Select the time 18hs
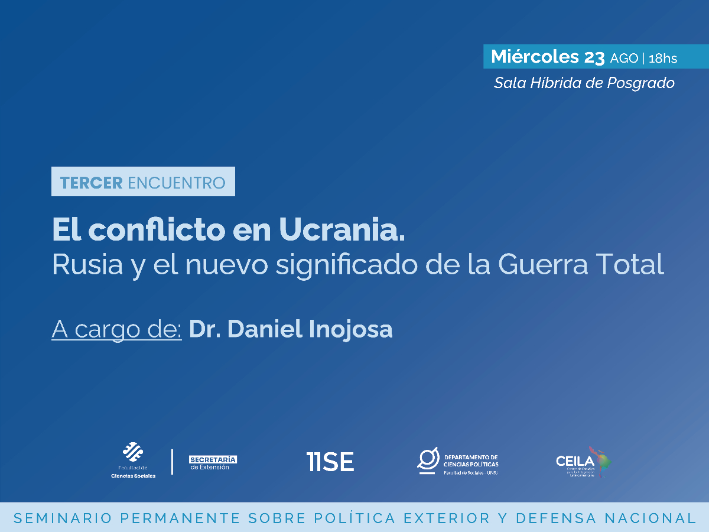(x=662, y=58)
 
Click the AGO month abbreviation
(x=624, y=58)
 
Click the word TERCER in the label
(x=91, y=183)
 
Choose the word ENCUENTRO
(x=177, y=183)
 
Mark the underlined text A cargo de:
(x=116, y=329)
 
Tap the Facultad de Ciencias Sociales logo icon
(x=132, y=453)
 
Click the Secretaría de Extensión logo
(x=213, y=462)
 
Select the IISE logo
(x=330, y=461)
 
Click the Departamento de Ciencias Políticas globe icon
(x=428, y=460)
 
